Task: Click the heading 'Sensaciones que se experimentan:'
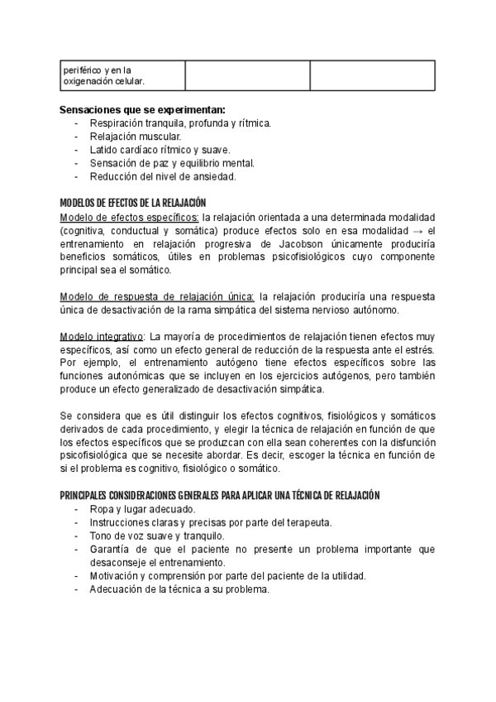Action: (142, 109)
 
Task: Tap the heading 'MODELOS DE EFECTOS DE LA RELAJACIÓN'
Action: (132, 203)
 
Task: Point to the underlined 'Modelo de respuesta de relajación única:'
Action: (158, 296)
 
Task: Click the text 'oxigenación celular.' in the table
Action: (104, 81)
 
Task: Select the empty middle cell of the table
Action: (247, 75)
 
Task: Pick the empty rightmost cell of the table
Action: (371, 75)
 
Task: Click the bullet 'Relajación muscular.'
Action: (136, 136)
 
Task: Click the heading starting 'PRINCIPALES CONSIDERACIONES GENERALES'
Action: (220, 495)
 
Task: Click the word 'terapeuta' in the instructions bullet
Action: (308, 522)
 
